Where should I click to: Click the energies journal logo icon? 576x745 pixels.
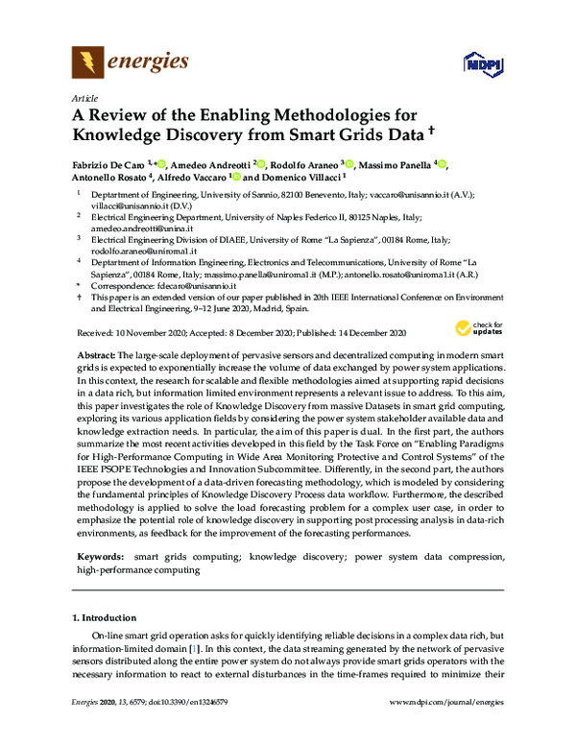87,63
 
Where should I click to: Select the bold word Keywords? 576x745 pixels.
101,556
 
